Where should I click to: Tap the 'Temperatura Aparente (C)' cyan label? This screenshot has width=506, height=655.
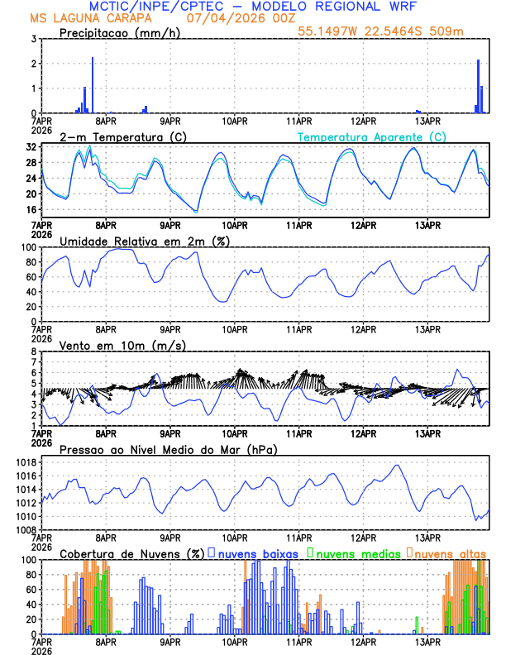click(371, 136)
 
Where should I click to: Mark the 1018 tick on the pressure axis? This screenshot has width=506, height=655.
click(26, 462)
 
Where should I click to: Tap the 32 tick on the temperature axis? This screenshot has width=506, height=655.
click(31, 146)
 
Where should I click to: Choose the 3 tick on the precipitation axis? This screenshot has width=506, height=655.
click(34, 39)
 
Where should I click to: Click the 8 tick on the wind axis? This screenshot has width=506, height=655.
click(34, 351)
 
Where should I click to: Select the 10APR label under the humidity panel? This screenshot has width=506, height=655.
click(235, 328)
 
